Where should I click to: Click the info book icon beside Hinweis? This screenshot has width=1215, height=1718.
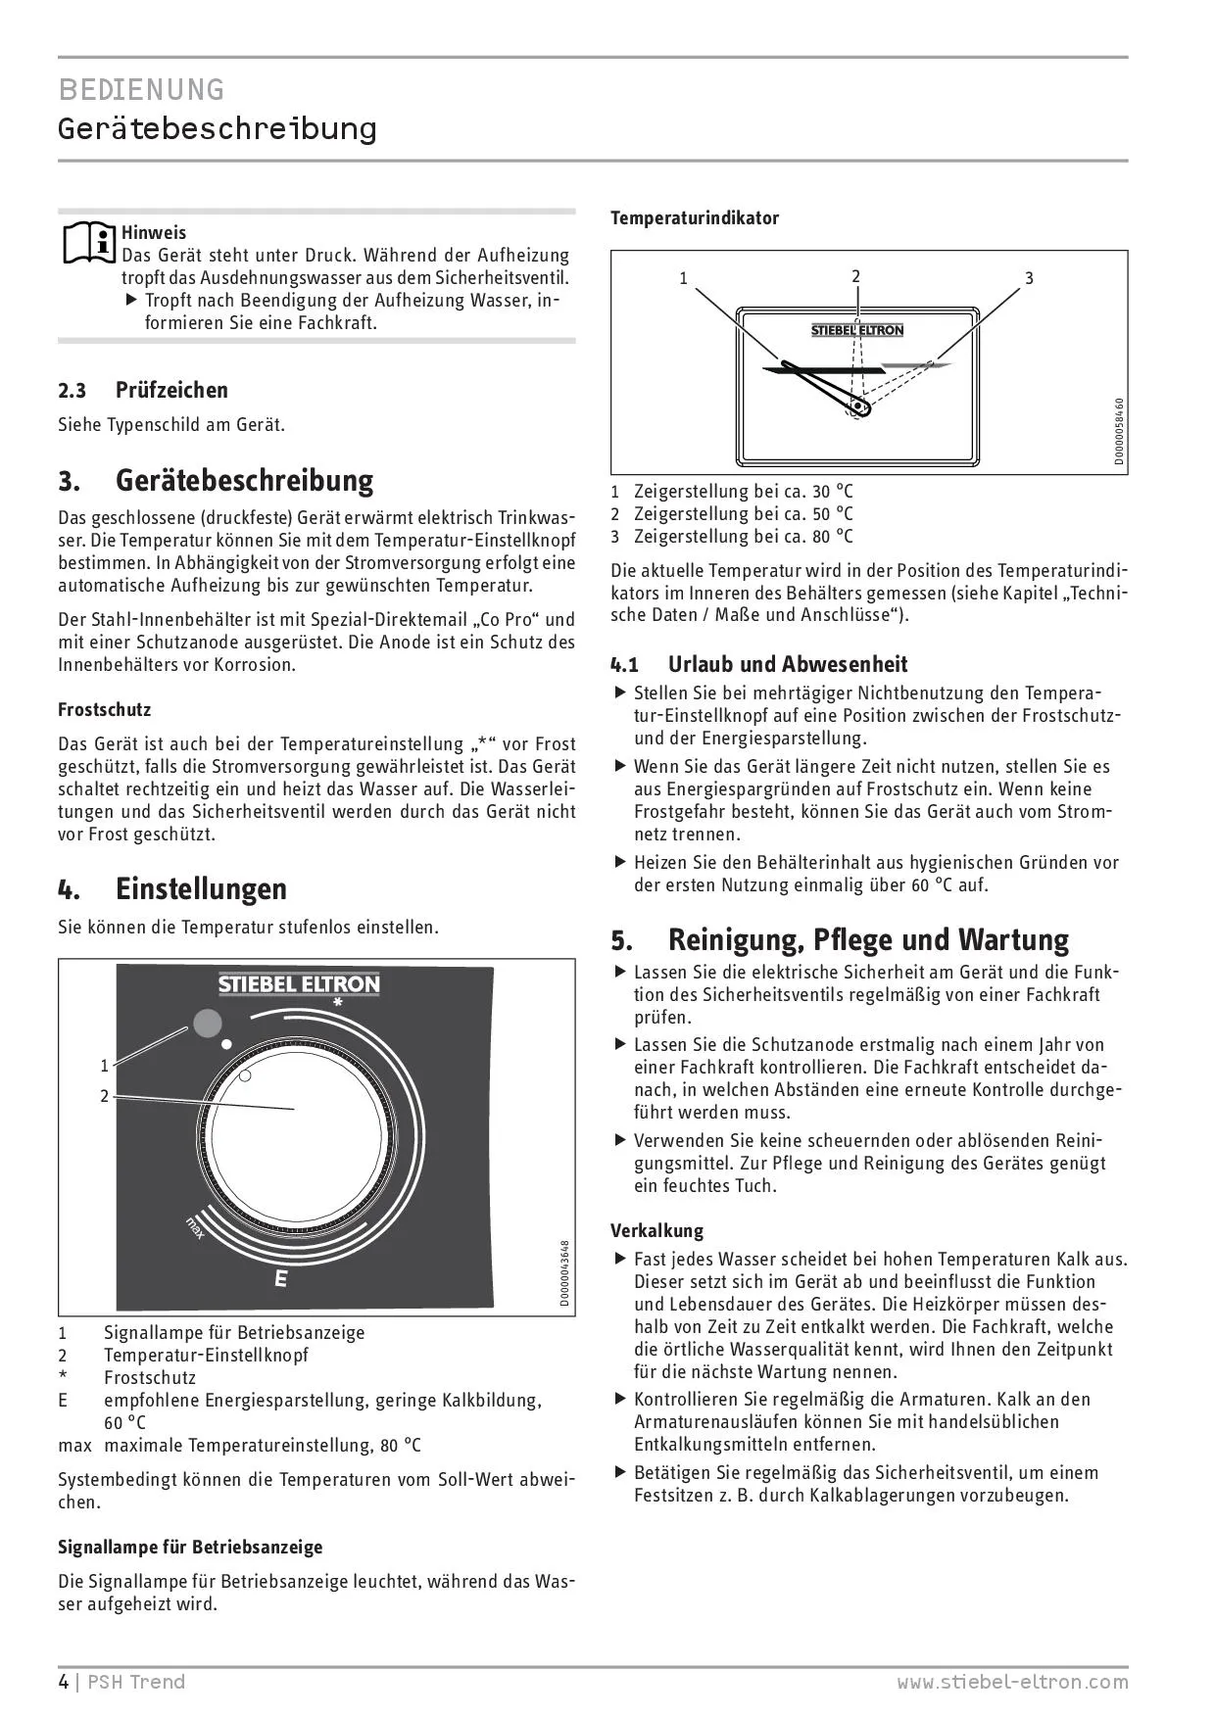point(89,243)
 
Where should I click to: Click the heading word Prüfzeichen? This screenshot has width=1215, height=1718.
point(171,390)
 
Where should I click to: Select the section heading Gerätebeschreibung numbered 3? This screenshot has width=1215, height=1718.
point(244,481)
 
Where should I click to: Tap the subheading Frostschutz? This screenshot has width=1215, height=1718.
point(104,709)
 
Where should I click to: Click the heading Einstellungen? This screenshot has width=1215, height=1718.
point(201,888)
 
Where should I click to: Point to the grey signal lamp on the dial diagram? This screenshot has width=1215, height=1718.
point(207,1023)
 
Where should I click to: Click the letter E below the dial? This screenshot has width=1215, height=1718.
point(281,1278)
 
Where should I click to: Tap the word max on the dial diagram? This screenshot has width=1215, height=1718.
point(196,1227)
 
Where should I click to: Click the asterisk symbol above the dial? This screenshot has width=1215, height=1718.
point(337,1003)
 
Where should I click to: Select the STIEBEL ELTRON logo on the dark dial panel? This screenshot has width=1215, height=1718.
point(299,983)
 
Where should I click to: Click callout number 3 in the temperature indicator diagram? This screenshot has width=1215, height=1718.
point(1029,278)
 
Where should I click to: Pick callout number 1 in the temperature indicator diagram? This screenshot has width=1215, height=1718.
point(684,278)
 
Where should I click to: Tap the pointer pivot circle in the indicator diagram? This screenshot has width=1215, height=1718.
point(859,405)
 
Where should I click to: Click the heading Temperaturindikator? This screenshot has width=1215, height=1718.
point(695,217)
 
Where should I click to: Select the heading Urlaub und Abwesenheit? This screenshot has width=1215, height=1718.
point(788,664)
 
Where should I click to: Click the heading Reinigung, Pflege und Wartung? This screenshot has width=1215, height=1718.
point(868,939)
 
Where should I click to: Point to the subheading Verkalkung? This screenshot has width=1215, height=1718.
point(656,1230)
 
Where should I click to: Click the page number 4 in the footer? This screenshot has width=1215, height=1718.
point(64,1682)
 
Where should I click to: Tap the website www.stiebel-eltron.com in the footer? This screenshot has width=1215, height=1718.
point(1012,1682)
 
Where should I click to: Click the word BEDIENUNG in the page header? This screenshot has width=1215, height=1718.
point(141,90)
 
